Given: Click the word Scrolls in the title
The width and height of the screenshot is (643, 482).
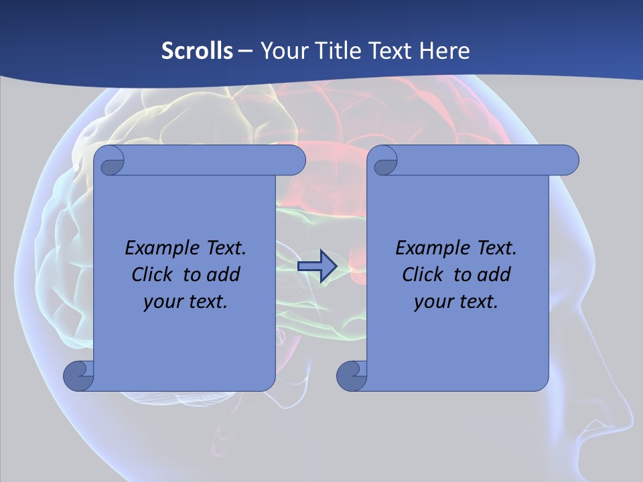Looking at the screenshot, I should tap(198, 50).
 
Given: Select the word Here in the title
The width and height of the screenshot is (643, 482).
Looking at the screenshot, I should tap(445, 50).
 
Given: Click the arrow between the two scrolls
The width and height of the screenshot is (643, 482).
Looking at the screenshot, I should tap(317, 266).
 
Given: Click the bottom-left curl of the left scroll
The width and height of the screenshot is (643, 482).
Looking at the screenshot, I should tap(77, 376).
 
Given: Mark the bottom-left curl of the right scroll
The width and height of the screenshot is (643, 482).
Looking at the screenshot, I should tap(350, 376).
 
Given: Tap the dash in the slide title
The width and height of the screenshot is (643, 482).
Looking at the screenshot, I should tap(246, 50).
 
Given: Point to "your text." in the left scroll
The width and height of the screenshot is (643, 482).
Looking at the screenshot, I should tap(186, 301).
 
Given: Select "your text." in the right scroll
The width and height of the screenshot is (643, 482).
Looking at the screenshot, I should tap(456, 301).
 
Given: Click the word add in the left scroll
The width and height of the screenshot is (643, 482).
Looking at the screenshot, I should tap(224, 274).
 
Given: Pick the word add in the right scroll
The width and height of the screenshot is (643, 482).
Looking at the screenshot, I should tap(494, 274).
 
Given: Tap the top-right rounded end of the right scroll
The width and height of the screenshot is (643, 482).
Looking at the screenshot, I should tap(567, 161).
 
